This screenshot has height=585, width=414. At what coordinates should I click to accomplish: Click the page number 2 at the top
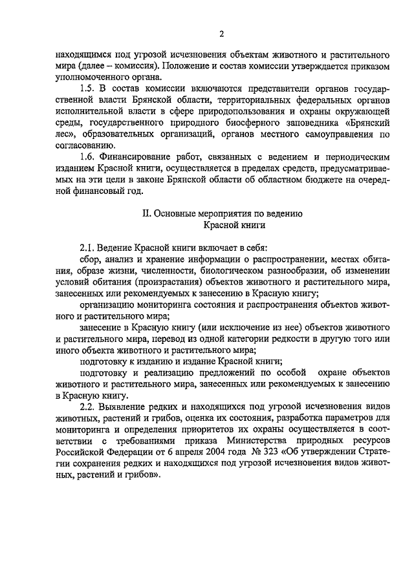click(x=221, y=34)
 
